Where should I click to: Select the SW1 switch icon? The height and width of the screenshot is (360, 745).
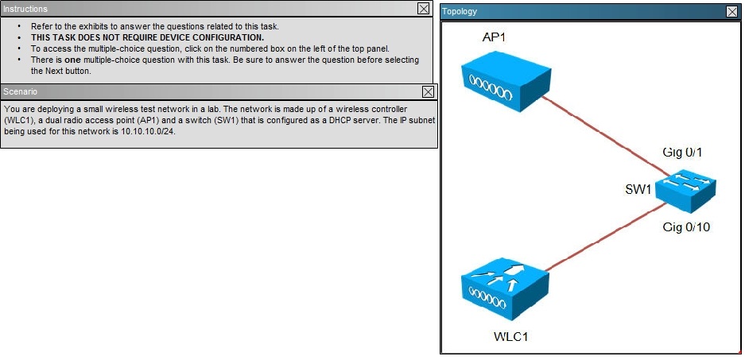click(x=685, y=190)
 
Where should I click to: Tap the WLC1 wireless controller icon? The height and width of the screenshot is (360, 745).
click(x=506, y=288)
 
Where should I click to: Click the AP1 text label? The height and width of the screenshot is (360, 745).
click(x=494, y=37)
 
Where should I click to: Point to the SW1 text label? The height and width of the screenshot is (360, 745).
click(x=638, y=189)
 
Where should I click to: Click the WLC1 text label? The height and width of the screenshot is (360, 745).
click(x=511, y=337)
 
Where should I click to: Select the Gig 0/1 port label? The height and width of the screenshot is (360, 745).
click(x=682, y=152)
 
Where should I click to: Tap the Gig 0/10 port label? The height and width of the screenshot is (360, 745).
click(x=686, y=227)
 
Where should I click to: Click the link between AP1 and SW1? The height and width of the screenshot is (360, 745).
click(x=607, y=137)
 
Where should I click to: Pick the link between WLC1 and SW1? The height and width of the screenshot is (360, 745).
click(x=607, y=237)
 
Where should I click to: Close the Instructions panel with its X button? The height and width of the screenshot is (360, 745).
click(x=423, y=8)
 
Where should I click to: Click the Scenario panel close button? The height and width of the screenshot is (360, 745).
click(x=428, y=91)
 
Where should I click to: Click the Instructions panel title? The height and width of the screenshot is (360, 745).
click(x=25, y=9)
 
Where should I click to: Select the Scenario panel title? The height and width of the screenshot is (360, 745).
click(x=20, y=91)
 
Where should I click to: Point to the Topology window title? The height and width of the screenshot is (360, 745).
click(x=460, y=11)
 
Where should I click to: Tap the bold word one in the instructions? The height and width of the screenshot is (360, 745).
click(x=72, y=60)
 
